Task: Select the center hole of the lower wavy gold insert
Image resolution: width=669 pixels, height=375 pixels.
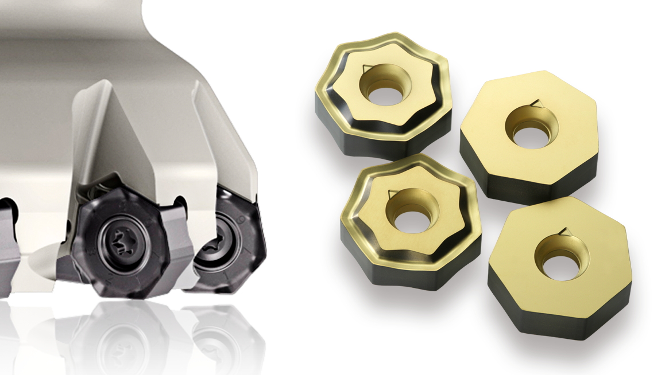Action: (412, 220)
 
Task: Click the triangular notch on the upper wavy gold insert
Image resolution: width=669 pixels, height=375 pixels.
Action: (366, 70)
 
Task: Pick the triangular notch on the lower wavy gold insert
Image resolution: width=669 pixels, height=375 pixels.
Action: (392, 193)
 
